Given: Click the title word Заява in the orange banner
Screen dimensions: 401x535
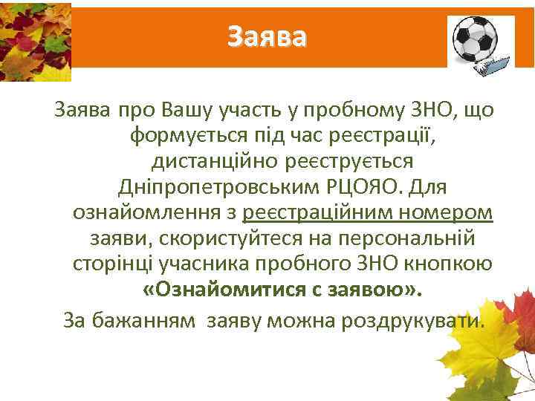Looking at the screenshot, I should (266, 36).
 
